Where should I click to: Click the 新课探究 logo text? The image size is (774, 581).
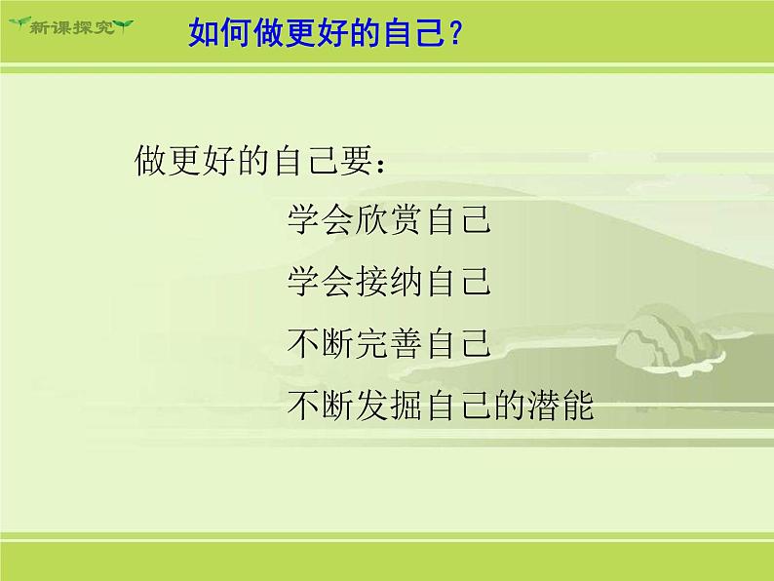[x=72, y=26]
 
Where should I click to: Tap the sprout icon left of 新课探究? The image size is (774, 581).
[x=19, y=22]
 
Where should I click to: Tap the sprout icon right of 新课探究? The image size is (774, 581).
[x=124, y=25]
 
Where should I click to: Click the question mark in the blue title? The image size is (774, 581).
[x=455, y=32]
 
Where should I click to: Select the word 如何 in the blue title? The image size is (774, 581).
[x=219, y=32]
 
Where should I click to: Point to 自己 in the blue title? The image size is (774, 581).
[x=413, y=32]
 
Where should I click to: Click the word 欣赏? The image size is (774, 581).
[x=388, y=219]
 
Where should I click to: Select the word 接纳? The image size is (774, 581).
[x=388, y=282]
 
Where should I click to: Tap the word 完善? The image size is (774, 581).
[x=388, y=343]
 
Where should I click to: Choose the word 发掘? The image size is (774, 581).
[x=388, y=405]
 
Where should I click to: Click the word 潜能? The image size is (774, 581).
[x=561, y=405]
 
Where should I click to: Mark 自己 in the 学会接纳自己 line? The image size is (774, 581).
[x=458, y=282]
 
